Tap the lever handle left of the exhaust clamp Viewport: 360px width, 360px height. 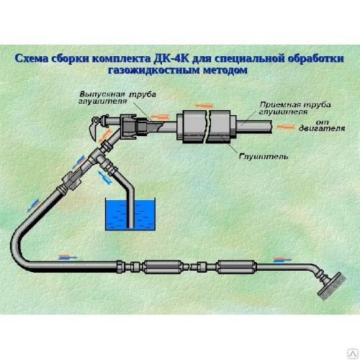click(93, 129)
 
